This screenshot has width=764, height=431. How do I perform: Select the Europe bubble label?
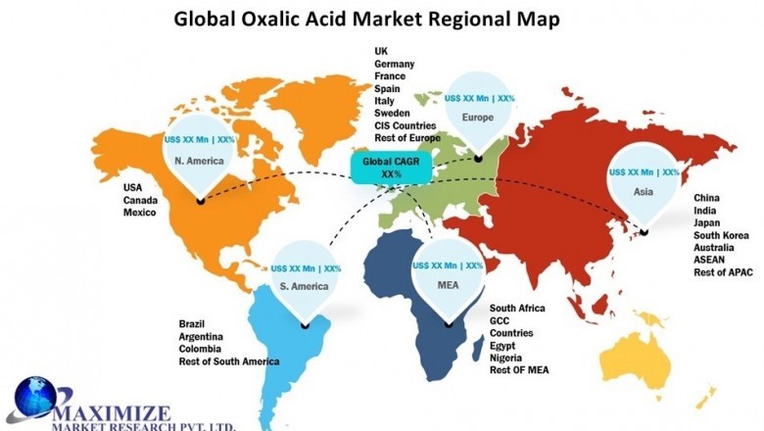click(x=479, y=118)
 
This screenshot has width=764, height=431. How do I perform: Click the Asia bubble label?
click(x=644, y=193)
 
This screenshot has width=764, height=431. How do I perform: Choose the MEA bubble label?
click(x=448, y=284)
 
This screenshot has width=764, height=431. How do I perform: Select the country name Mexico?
click(x=139, y=213)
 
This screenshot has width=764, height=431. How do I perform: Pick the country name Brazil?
click(x=193, y=323)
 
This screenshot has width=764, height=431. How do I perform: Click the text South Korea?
click(x=727, y=236)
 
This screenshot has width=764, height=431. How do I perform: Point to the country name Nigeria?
click(x=510, y=359)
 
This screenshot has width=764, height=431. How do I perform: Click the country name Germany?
click(x=395, y=64)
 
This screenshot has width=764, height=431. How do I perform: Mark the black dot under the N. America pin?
click(x=201, y=202)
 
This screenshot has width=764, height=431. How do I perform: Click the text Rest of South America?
click(x=229, y=361)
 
